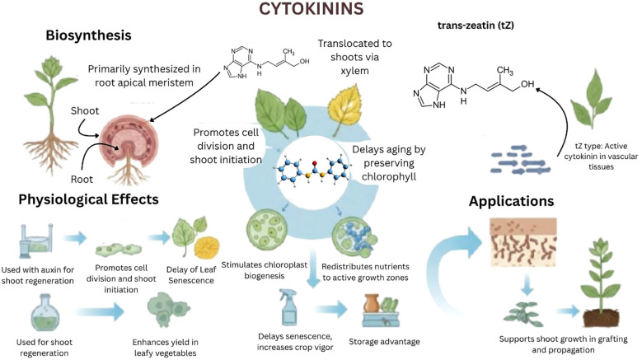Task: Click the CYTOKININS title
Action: click(x=312, y=8)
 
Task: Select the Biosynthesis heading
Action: click(x=88, y=35)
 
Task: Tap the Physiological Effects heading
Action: click(x=88, y=199)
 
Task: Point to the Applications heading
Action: click(x=511, y=201)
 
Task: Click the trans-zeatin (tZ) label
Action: click(x=476, y=26)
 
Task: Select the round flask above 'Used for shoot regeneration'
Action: click(x=45, y=314)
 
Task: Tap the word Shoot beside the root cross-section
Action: click(x=85, y=111)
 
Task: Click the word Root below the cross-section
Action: click(x=82, y=180)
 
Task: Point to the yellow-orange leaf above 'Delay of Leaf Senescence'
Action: click(x=207, y=246)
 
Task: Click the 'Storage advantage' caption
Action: click(x=384, y=342)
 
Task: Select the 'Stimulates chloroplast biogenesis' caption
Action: click(x=264, y=270)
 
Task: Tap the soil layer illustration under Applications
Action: click(x=523, y=241)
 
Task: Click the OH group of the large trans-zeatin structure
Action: click(x=527, y=84)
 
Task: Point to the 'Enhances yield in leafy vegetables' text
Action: click(x=165, y=348)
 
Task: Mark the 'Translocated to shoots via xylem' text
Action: click(x=354, y=57)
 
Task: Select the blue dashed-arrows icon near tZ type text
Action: click(x=521, y=160)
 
